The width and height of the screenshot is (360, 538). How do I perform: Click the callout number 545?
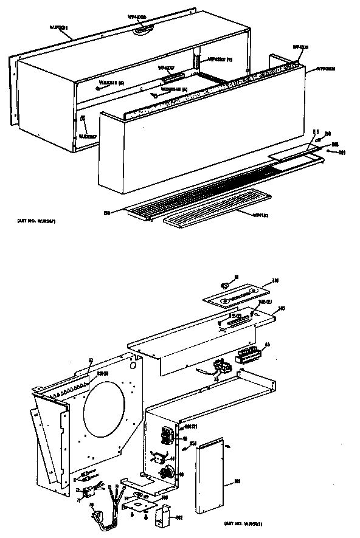(x=282, y=309)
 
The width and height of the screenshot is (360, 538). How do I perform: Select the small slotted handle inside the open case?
(x=172, y=75)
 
